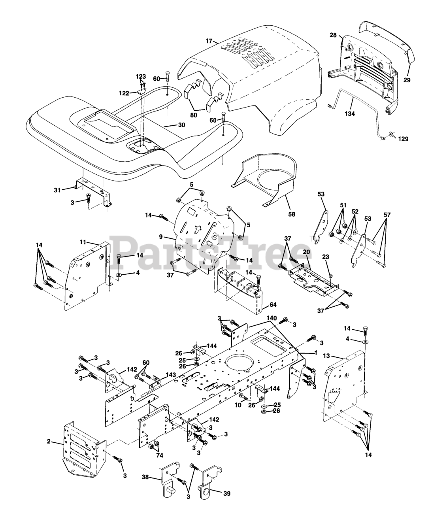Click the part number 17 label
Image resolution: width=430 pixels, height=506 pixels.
(209, 41)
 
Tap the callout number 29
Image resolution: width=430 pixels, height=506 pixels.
(407, 80)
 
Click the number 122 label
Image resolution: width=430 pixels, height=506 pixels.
(124, 93)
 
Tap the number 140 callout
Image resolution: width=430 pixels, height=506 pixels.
(271, 318)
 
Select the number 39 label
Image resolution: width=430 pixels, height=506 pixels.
(226, 493)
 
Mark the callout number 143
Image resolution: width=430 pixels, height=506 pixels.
(171, 375)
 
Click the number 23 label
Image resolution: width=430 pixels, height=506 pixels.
(325, 257)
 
